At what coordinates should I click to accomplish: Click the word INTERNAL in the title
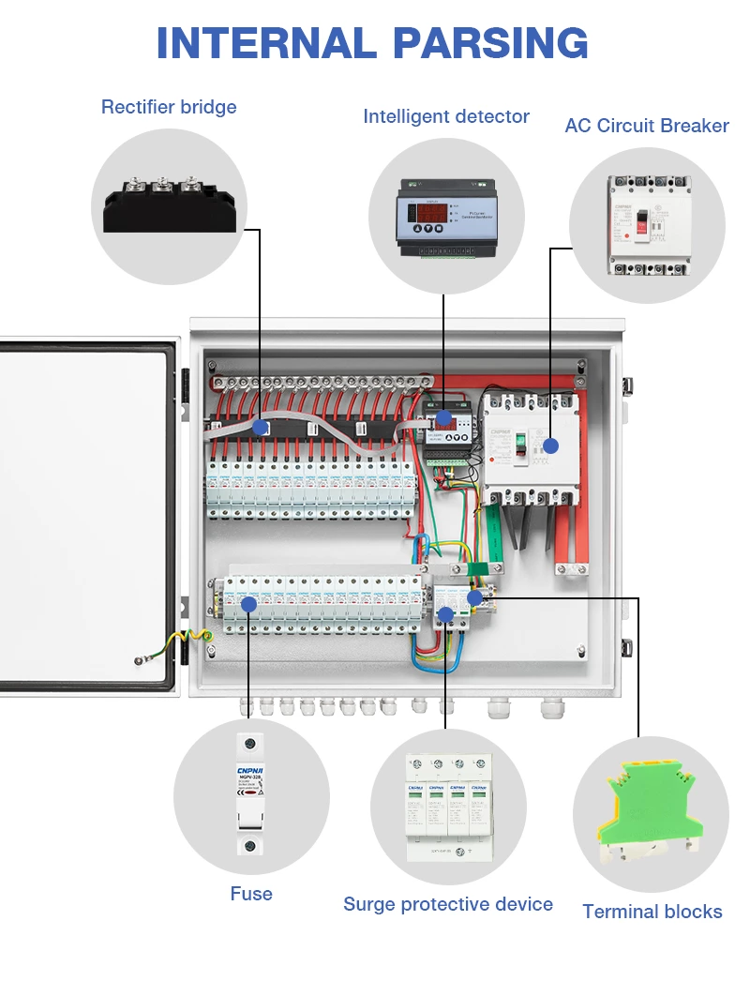point(265,43)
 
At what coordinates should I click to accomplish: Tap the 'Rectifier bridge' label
point(169,107)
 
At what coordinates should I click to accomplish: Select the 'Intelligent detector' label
point(446,116)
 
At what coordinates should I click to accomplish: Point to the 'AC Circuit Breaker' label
point(647,126)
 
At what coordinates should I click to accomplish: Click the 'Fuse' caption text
point(251,894)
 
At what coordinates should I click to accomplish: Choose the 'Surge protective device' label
point(448,904)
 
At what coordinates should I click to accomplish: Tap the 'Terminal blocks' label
point(652,911)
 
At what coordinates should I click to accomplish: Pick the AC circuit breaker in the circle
point(647,225)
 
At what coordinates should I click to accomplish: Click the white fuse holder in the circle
point(250,795)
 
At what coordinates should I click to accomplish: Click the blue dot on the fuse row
point(249,604)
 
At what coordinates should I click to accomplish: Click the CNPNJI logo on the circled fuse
point(250,771)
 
